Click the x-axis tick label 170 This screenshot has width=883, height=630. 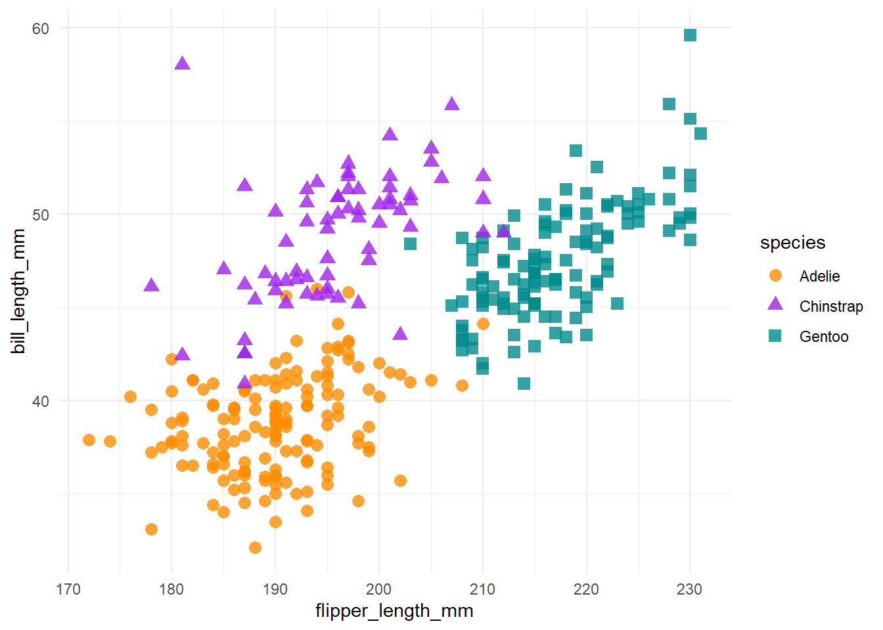click(68, 589)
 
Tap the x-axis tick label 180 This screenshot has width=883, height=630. click(171, 589)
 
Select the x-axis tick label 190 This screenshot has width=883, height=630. click(275, 589)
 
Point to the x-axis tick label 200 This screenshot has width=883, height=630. click(379, 589)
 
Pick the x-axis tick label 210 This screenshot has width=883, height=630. click(482, 589)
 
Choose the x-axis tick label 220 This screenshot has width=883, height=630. click(586, 589)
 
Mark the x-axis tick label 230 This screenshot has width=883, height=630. click(690, 589)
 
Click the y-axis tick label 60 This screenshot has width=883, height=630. click(41, 28)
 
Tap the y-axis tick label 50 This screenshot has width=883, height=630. click(41, 215)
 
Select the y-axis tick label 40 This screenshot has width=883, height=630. click(41, 401)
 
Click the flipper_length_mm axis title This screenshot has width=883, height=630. click(394, 611)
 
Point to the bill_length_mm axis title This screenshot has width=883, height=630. click(18, 291)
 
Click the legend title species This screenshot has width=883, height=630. click(792, 243)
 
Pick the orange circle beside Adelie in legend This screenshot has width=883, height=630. click(775, 276)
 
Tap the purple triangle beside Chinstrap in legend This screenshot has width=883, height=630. click(775, 304)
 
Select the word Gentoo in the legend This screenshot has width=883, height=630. click(824, 337)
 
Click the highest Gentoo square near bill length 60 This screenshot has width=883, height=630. click(690, 35)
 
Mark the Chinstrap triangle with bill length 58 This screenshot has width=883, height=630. click(182, 64)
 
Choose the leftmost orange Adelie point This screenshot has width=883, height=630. click(89, 440)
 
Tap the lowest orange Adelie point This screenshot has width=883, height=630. click(255, 547)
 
